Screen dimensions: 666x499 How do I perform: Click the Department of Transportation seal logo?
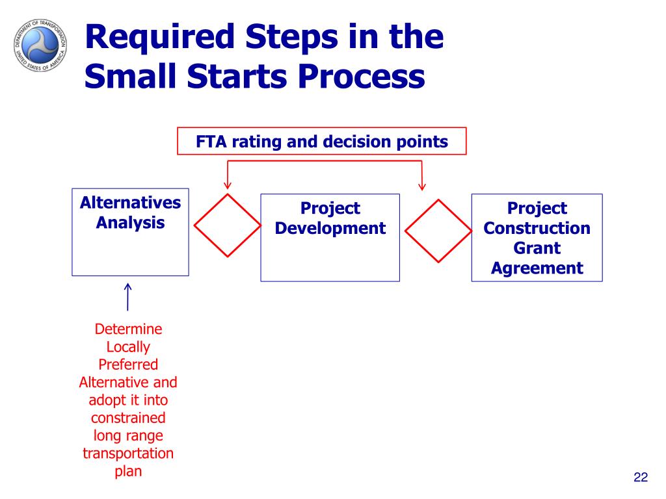point(40,45)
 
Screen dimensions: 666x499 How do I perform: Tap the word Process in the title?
point(362,77)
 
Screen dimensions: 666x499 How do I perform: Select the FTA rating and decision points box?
point(321,141)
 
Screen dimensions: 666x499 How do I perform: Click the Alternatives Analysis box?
point(130,232)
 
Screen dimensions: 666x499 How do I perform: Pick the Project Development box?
point(330,238)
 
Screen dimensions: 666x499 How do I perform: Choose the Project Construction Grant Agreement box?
point(537,238)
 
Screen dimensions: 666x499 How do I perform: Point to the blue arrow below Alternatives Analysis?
point(128,297)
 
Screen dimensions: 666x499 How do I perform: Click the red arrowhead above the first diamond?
point(228,185)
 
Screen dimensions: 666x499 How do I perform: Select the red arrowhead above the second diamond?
point(421,186)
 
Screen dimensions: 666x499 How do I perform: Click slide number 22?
point(641,477)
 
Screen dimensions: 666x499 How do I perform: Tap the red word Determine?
point(128,329)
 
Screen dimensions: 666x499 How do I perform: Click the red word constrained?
point(128,418)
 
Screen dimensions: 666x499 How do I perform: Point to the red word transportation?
point(128,453)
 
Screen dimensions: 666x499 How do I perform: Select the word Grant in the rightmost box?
point(537,248)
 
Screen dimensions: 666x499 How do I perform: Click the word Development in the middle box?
point(330,228)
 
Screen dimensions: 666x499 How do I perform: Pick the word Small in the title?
point(130,77)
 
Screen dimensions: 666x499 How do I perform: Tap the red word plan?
point(128,472)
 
